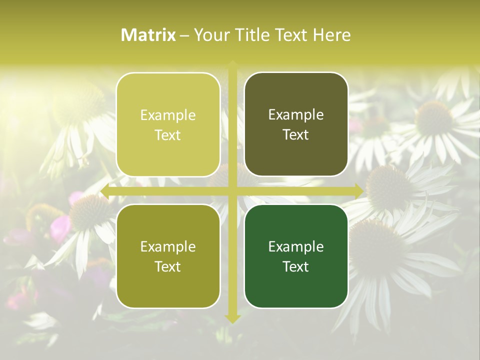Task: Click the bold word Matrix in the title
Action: (148, 35)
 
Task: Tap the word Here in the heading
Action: (331, 35)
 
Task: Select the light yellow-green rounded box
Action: (168, 124)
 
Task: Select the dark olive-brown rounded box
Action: (296, 124)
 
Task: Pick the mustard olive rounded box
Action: (168, 256)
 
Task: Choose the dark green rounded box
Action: (296, 256)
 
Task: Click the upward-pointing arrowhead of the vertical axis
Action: (232, 64)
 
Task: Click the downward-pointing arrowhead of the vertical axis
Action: (232, 318)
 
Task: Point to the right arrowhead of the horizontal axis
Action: (359, 190)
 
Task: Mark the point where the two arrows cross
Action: (232, 190)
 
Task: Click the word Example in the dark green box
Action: (296, 246)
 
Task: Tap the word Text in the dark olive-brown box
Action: (296, 134)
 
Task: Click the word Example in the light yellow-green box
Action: (168, 115)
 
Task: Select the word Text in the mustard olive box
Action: (168, 266)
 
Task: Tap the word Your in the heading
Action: (209, 35)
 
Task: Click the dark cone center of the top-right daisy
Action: (433, 118)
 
